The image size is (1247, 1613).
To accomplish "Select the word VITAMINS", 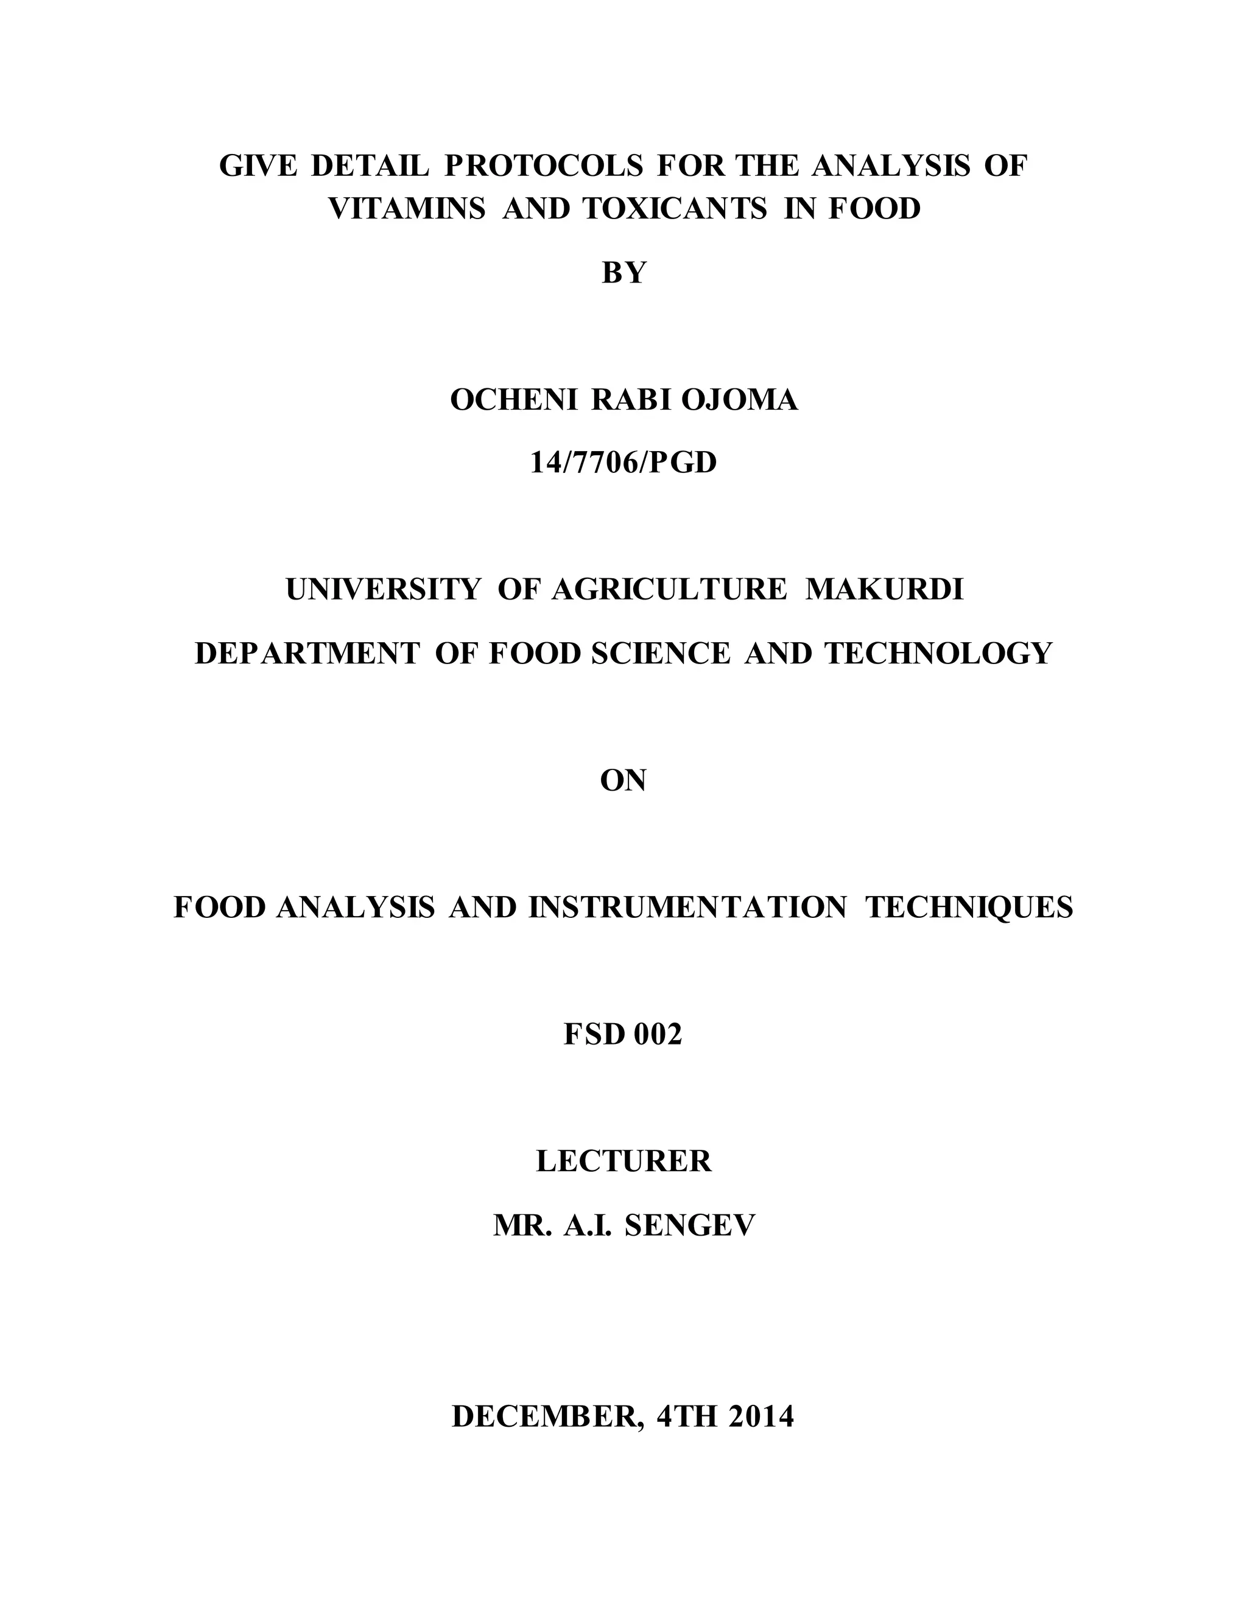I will pyautogui.click(x=406, y=209).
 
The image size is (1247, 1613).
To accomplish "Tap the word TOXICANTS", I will pyautogui.click(x=676, y=209).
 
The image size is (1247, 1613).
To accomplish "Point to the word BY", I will pyautogui.click(x=623, y=273).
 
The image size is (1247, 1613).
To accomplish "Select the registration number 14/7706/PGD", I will pyautogui.click(x=623, y=463).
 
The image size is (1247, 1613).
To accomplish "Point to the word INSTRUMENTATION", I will pyautogui.click(x=687, y=907).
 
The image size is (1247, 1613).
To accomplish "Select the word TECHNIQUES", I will pyautogui.click(x=969, y=907).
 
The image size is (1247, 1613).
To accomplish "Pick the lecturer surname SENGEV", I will pyautogui.click(x=690, y=1225).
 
